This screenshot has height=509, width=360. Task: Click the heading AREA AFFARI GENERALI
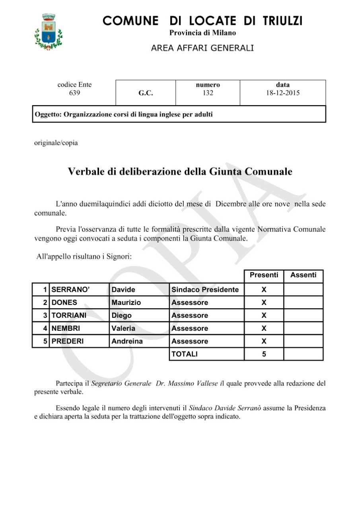point(202,48)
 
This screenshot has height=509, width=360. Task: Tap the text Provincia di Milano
point(202,33)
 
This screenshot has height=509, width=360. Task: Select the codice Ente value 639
point(74,93)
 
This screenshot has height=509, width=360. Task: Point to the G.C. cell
point(146,93)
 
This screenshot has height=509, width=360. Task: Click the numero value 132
point(208,93)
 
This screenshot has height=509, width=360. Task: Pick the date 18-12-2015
point(283,93)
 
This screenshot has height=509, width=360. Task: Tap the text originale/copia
point(56,143)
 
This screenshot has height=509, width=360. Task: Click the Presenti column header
point(264,275)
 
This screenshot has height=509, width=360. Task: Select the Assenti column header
point(304,275)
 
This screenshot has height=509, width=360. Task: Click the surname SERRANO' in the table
point(71,290)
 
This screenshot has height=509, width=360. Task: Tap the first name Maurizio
point(126,303)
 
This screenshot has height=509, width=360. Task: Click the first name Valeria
point(123,328)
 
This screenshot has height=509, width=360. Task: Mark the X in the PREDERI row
point(264,341)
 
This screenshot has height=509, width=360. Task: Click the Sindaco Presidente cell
point(205,290)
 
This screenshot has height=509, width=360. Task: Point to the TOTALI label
point(184,354)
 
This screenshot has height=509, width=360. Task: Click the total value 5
point(264,354)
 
